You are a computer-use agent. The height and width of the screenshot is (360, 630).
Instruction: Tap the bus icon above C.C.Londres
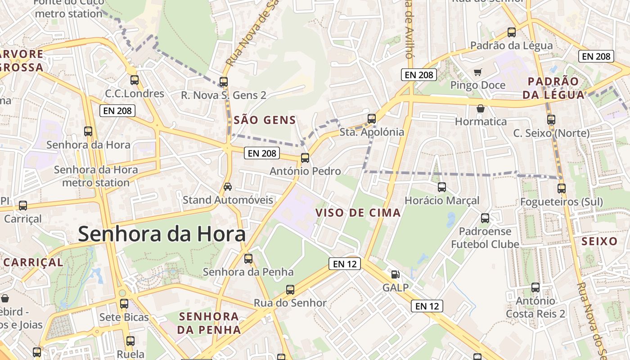point(135,80)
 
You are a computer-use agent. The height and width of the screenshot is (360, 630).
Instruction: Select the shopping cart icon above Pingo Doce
point(478,72)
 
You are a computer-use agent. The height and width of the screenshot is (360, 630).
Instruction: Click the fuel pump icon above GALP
point(395,274)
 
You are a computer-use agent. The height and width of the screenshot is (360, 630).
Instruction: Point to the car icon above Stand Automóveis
point(228,187)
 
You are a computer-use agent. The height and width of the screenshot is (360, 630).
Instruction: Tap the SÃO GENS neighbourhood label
point(265,120)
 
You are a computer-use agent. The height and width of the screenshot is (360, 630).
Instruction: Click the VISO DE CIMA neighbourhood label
point(358,213)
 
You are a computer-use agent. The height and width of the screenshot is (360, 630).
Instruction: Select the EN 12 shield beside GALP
point(427,306)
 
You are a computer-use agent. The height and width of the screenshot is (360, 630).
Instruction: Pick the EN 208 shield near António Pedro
point(262,153)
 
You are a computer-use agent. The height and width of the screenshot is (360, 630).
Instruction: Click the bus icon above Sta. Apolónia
point(372,119)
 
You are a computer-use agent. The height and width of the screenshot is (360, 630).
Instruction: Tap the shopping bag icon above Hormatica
point(481,108)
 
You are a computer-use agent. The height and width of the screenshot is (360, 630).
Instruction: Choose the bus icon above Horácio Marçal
point(442,187)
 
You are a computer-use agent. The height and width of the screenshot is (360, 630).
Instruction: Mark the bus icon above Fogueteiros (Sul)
point(562,189)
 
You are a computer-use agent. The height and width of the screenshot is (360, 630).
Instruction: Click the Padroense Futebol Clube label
point(485,238)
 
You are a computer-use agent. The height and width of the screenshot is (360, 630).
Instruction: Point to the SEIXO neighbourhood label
point(599,241)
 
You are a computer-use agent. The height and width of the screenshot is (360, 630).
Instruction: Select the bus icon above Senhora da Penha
point(248,259)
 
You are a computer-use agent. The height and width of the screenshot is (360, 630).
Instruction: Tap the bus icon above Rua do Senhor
point(290,290)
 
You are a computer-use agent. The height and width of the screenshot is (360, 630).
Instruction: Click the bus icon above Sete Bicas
point(124,304)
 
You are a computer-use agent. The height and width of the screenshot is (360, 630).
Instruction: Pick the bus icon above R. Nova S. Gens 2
point(224,82)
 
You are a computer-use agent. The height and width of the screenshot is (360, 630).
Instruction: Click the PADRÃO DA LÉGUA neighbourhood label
point(556,88)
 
